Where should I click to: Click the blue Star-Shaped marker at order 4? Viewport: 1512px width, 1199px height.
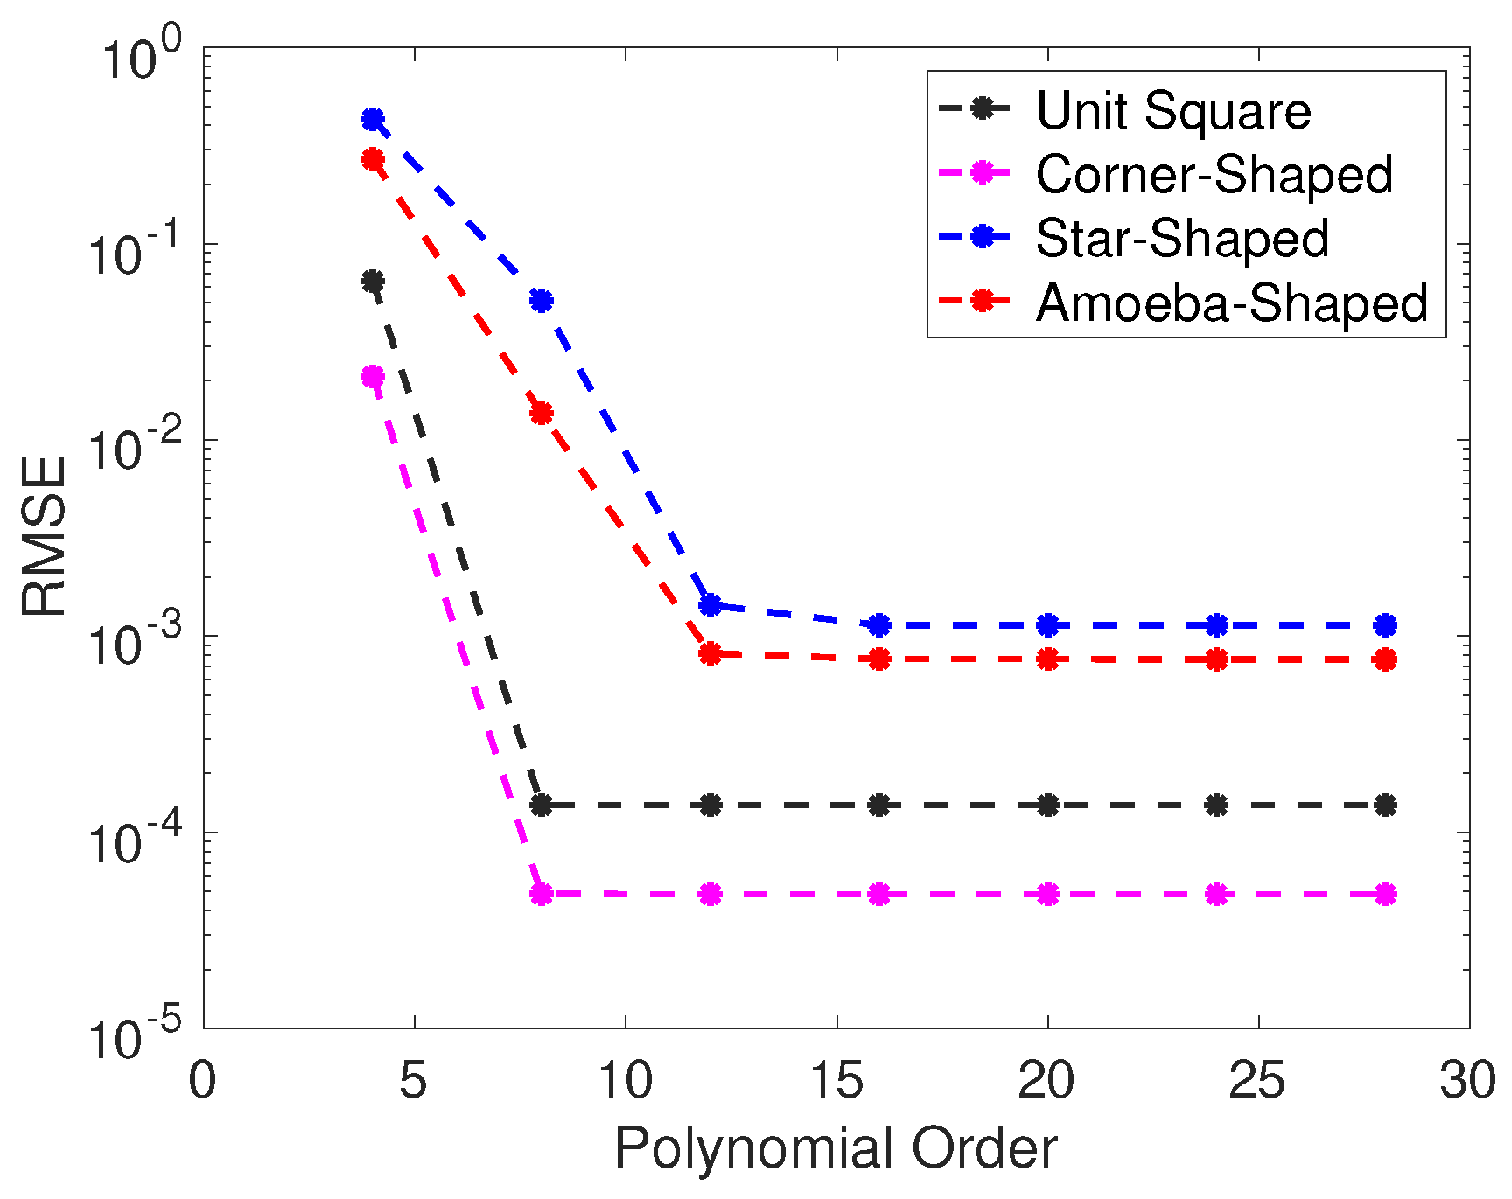(x=373, y=119)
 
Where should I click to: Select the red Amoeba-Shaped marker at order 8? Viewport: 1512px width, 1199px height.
(x=542, y=413)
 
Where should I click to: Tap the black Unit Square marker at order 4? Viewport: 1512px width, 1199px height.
(x=373, y=282)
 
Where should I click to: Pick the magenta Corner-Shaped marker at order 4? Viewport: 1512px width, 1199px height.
(x=373, y=377)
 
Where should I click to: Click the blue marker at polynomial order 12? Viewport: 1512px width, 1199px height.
(x=710, y=605)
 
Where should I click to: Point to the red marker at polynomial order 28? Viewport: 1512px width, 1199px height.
(x=1385, y=660)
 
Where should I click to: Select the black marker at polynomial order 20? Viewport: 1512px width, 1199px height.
(x=1048, y=805)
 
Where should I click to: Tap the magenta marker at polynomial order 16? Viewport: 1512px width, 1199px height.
(x=879, y=895)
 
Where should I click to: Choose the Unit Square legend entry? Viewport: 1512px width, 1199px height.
(x=1172, y=110)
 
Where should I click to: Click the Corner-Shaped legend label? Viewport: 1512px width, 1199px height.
(x=1214, y=174)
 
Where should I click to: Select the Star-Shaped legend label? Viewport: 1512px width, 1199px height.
(x=1181, y=238)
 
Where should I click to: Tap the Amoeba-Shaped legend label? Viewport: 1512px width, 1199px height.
(x=1231, y=303)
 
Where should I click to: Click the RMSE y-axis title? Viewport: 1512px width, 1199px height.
(x=44, y=536)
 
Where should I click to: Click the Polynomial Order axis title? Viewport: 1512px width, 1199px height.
(x=836, y=1148)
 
